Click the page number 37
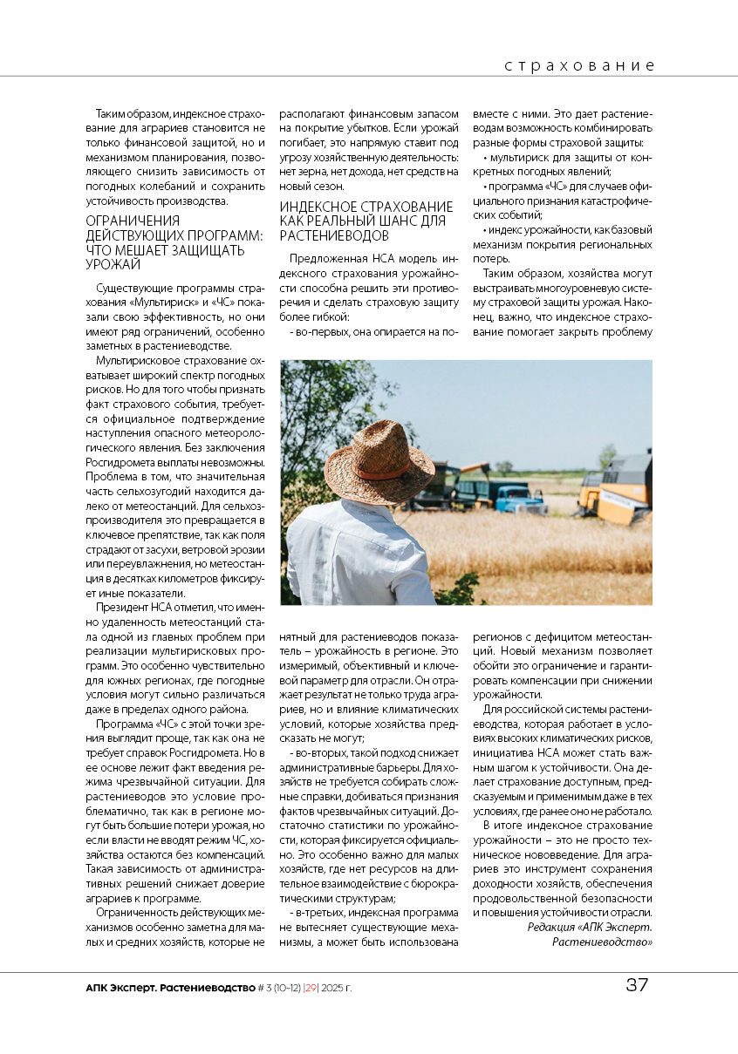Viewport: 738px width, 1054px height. [x=637, y=986]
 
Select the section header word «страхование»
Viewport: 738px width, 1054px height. [x=579, y=66]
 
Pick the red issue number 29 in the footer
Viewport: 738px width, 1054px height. [x=310, y=988]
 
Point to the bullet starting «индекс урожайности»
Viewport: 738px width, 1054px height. [x=567, y=229]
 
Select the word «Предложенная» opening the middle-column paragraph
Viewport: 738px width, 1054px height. [x=329, y=259]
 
